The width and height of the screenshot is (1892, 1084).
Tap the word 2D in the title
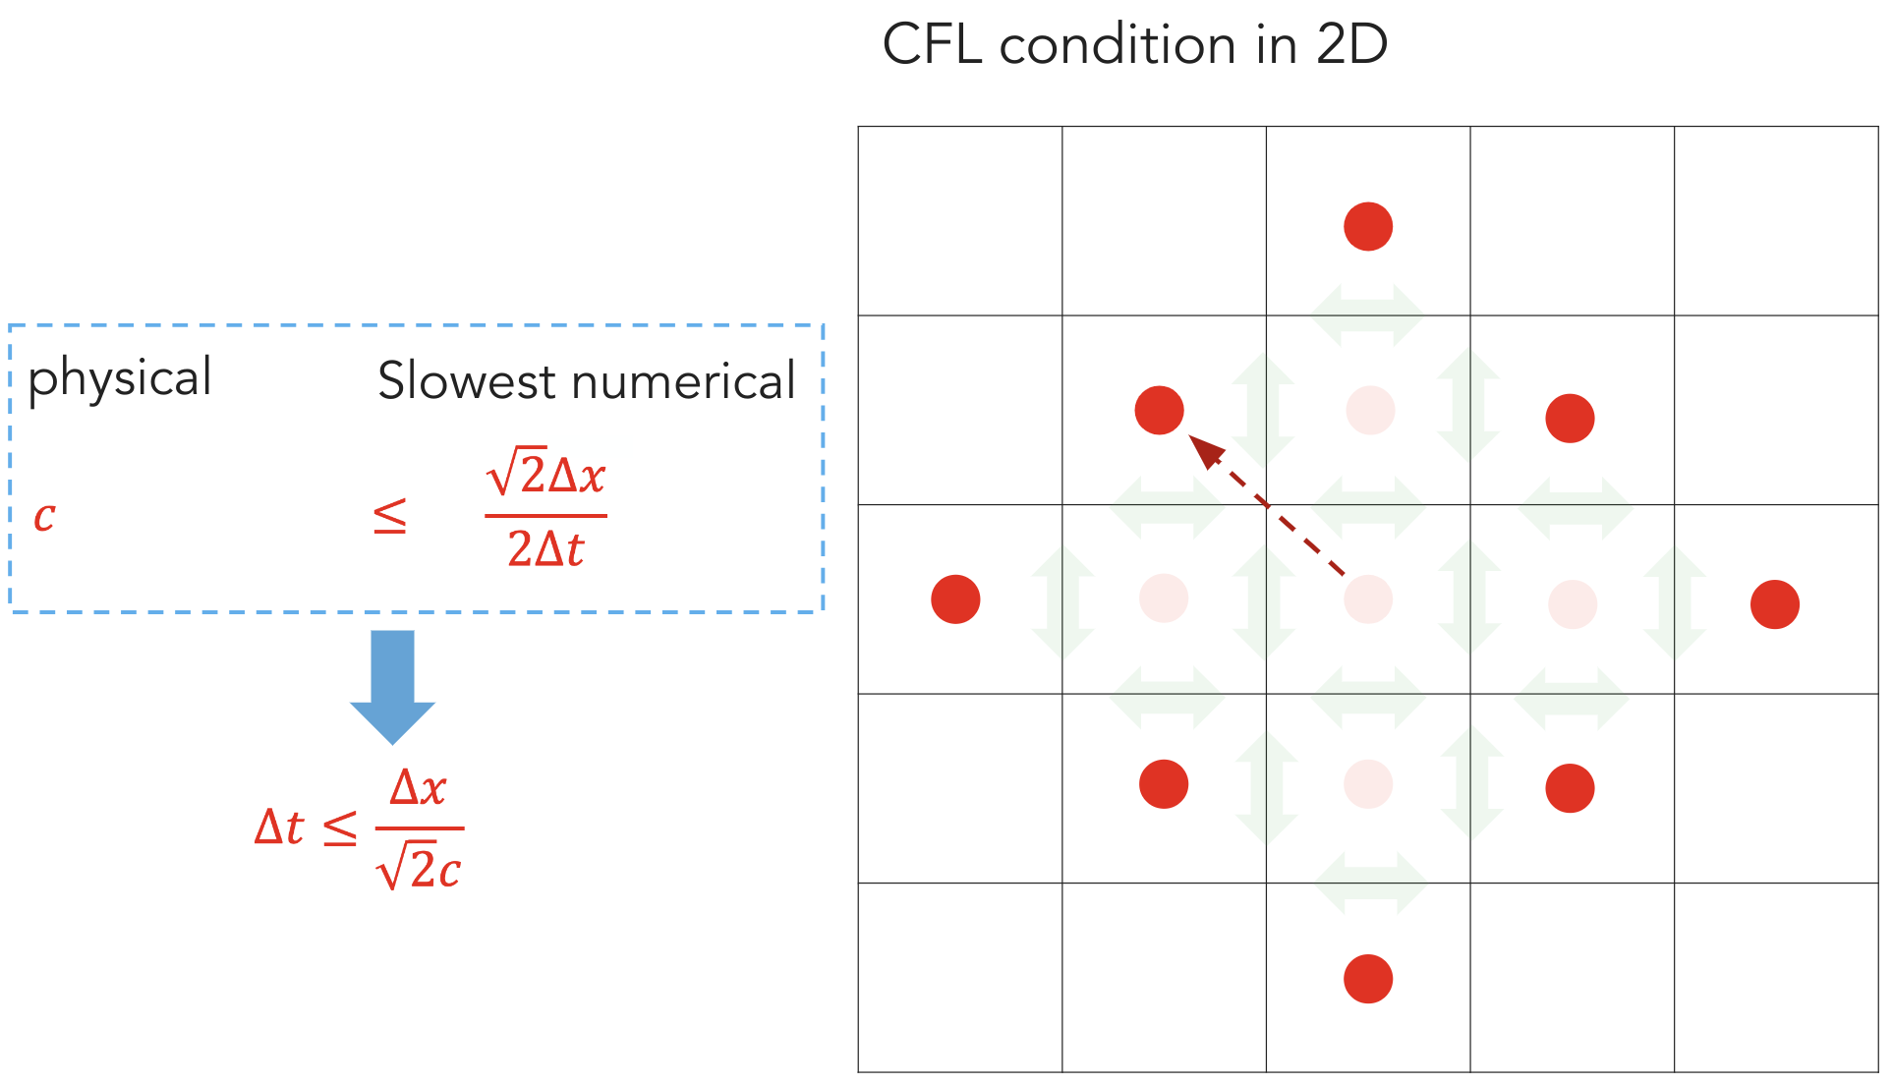1351,45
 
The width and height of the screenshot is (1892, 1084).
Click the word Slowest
467,381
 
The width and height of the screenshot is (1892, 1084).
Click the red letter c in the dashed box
44,516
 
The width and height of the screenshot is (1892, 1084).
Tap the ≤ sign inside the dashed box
390,516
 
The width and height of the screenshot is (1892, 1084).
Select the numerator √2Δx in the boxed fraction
546,475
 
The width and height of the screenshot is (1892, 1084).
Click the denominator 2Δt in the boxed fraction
546,548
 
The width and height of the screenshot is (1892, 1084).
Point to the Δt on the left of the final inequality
279,827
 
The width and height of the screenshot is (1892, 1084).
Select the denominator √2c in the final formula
420,869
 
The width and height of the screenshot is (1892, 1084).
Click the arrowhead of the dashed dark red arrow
1206,451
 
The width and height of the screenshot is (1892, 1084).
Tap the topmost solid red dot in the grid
1368,227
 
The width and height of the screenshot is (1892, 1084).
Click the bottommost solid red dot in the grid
1368,979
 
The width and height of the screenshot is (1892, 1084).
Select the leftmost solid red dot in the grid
955,599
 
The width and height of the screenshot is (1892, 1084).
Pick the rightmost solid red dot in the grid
1775,604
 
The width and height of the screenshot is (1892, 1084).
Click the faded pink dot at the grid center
1368,599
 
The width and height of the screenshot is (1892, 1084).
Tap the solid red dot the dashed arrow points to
1159,410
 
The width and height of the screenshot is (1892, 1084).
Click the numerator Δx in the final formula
419,788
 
